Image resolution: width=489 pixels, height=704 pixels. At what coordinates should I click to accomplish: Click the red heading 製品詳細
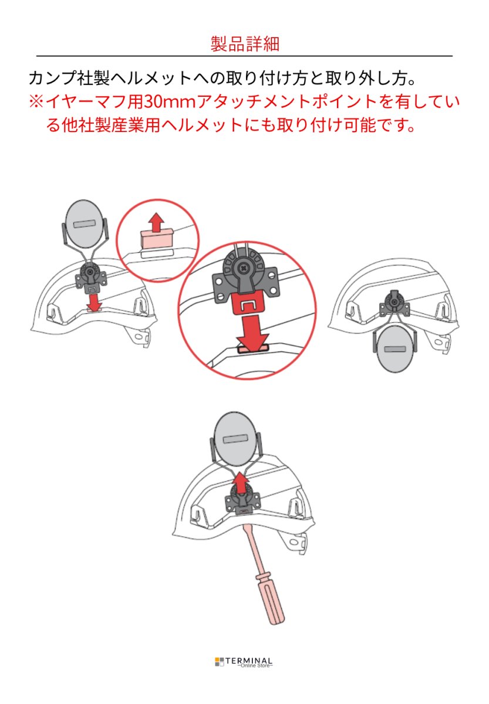tap(244, 43)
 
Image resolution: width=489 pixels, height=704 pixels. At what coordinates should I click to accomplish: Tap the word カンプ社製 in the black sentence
tap(68, 79)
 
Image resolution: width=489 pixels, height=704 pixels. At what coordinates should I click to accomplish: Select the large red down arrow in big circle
tap(252, 332)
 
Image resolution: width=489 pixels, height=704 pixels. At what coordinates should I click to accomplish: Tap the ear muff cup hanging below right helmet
tap(394, 351)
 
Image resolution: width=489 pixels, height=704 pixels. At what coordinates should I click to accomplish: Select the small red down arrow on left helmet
tap(93, 300)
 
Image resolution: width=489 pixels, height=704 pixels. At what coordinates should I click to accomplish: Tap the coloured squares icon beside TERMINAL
tap(220, 662)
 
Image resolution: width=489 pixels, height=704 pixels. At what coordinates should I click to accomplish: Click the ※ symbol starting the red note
tap(36, 102)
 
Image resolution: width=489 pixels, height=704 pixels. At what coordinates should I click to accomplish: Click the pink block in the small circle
tap(156, 239)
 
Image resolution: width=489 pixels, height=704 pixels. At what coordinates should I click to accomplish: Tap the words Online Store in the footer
tap(255, 666)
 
